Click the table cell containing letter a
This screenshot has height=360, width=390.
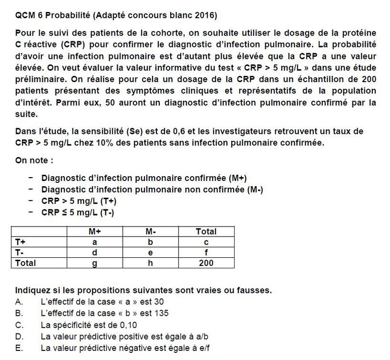click(x=95, y=242)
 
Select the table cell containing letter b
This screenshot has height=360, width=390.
click(x=151, y=242)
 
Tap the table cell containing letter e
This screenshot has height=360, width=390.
click(x=151, y=252)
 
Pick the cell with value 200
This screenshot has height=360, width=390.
click(x=206, y=263)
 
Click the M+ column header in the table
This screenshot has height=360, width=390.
click(x=95, y=232)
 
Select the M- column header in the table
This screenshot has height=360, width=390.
click(x=151, y=232)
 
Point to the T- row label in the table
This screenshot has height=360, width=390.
click(x=20, y=252)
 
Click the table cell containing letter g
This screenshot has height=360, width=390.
click(x=95, y=263)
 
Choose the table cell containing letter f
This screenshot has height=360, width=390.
click(x=206, y=252)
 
